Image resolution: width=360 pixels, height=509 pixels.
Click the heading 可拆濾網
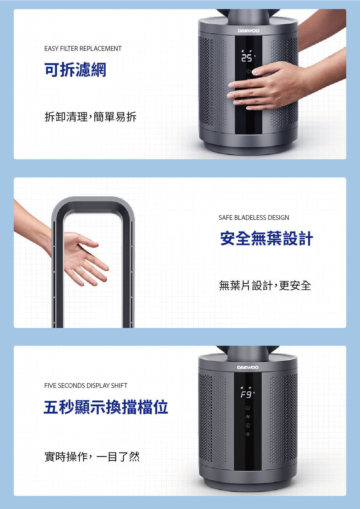75,70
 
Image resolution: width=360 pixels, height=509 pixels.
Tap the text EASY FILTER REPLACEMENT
83,49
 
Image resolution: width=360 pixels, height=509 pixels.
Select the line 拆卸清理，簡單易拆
90,117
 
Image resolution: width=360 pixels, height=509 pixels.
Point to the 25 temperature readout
246,58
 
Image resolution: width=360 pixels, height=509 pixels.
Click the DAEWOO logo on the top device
249,31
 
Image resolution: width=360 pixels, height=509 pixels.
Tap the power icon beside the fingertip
249,71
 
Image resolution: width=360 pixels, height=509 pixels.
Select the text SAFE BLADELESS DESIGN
254,218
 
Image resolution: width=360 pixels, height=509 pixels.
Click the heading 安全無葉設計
266,238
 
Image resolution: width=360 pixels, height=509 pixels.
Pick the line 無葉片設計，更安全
265,286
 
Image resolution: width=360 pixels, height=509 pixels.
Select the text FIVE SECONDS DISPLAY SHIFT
86,386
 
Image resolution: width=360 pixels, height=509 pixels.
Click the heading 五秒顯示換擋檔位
106,407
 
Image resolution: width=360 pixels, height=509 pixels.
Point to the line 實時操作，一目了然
92,456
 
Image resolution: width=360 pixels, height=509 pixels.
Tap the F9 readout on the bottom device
246,395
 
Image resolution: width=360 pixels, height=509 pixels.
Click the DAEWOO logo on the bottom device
248,368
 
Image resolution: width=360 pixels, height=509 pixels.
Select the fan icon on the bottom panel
248,417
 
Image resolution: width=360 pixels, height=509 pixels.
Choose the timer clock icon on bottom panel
248,426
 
